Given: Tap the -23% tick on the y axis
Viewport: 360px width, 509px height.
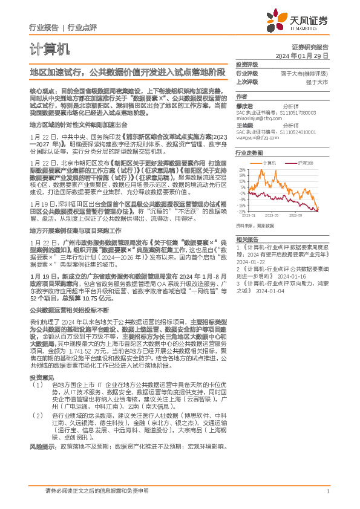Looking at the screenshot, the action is click(241, 212).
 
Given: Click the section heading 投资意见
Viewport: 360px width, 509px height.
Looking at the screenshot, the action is click(41, 377).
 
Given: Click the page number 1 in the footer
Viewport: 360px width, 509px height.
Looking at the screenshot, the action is click(327, 491).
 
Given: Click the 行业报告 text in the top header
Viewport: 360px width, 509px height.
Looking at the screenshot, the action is click(44, 27).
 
